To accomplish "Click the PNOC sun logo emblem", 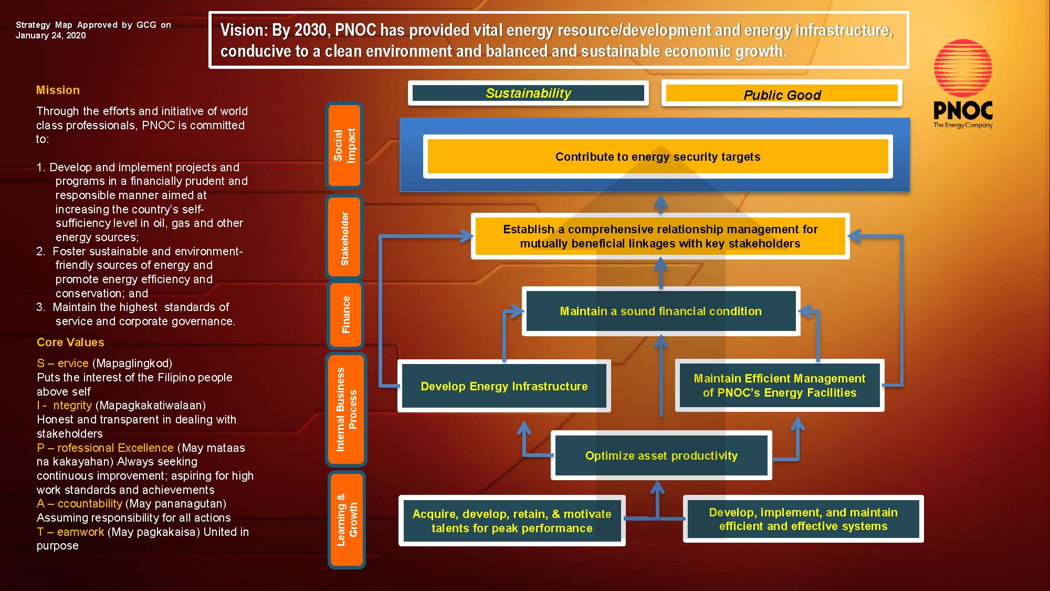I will pyautogui.click(x=963, y=68).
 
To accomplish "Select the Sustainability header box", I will pyautogui.click(x=528, y=93).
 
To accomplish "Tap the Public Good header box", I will pyautogui.click(x=782, y=95).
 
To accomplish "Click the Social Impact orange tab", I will pyautogui.click(x=344, y=146).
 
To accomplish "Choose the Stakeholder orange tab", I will pyautogui.click(x=344, y=237).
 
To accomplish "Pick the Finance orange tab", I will pyautogui.click(x=345, y=315).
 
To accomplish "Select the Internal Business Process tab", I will pyautogui.click(x=346, y=409).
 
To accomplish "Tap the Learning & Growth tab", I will pyautogui.click(x=346, y=520).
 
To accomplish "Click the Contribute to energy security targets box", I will pyautogui.click(x=657, y=157).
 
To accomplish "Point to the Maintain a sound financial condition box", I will pyautogui.click(x=660, y=311).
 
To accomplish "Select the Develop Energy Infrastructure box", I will pyautogui.click(x=504, y=386).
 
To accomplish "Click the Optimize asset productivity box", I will pyautogui.click(x=661, y=455).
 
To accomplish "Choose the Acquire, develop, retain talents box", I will pyautogui.click(x=512, y=521).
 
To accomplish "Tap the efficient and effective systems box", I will pyautogui.click(x=803, y=519).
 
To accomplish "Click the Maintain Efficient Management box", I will pyautogui.click(x=779, y=385).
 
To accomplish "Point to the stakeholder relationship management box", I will pyautogui.click(x=660, y=236).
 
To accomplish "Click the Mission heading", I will pyautogui.click(x=58, y=90).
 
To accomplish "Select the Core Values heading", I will pyautogui.click(x=70, y=342).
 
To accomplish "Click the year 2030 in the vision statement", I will pyautogui.click(x=312, y=30).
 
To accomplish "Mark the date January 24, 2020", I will pyautogui.click(x=50, y=35).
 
